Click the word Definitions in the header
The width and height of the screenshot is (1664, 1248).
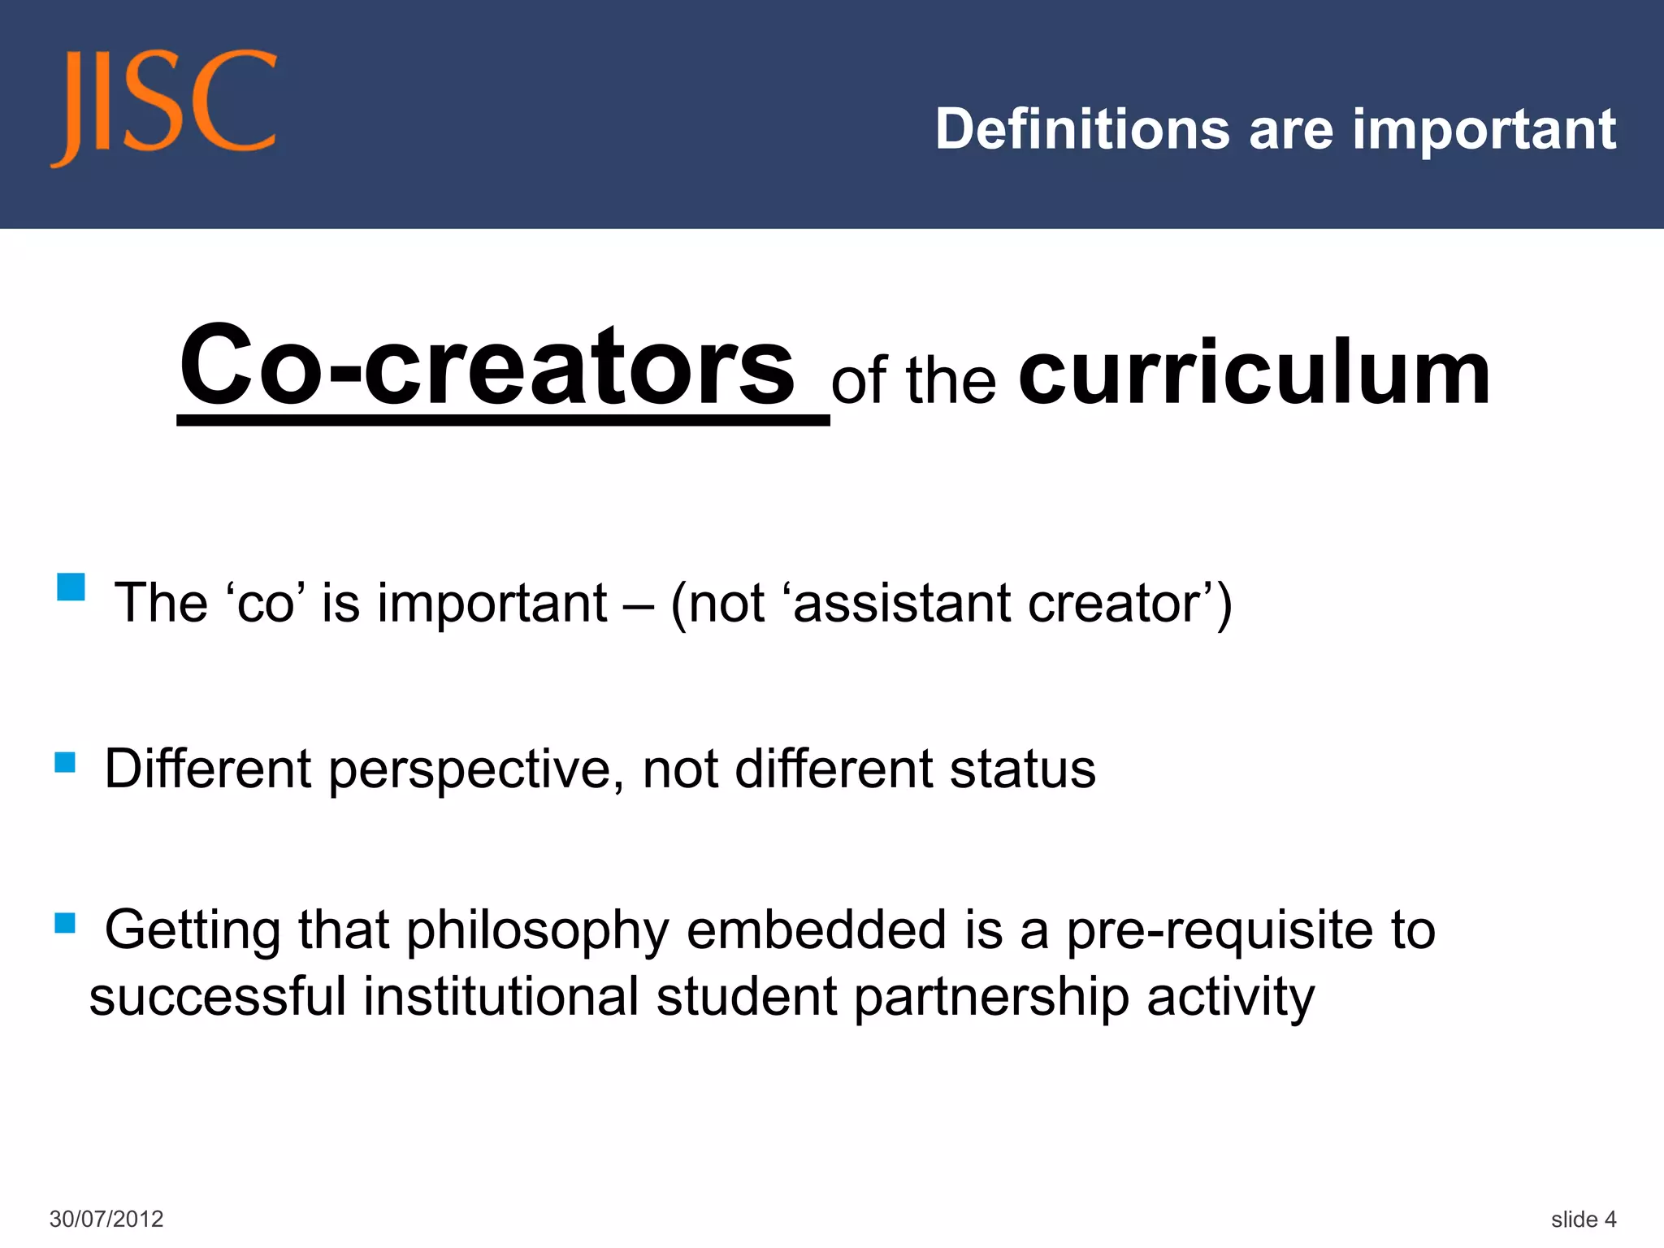(x=1082, y=129)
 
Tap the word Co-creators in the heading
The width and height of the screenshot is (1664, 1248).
(x=487, y=365)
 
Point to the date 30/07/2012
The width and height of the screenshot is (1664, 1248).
(x=106, y=1219)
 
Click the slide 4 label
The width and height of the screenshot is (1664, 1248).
(x=1583, y=1219)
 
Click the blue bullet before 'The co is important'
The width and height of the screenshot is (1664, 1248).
(x=71, y=587)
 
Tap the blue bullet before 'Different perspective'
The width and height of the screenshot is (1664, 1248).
(x=65, y=762)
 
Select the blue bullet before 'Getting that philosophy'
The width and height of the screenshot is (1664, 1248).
(x=65, y=923)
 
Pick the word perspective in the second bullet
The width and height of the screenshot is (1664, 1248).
(x=470, y=769)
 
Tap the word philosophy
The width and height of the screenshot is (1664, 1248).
(x=537, y=931)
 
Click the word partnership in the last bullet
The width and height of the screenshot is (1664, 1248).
(x=991, y=998)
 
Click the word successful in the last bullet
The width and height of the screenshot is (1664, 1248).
(x=218, y=997)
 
